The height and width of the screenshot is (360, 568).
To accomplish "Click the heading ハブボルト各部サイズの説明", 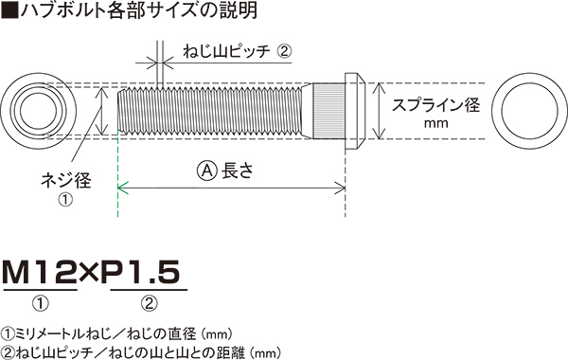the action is coord(139,10).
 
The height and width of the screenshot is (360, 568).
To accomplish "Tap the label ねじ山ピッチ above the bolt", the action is coord(226,51).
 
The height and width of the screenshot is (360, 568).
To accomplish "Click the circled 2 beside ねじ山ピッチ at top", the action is coord(284,51).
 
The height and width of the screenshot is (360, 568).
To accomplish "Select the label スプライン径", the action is coord(435,105).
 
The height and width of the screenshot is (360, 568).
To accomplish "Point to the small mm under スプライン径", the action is coord(435,123).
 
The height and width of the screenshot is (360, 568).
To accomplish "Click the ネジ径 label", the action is coord(66,180).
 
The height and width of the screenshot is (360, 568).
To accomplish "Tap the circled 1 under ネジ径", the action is coord(65,199).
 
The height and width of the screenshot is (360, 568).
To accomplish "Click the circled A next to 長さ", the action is coord(207,170).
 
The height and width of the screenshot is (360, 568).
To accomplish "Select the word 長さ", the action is coord(238,170).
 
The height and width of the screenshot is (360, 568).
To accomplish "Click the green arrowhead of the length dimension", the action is coord(122,189).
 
